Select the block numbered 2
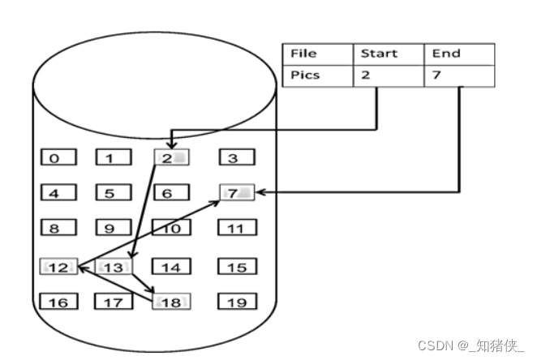170,157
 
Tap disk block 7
237,193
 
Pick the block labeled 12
58,266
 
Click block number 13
114,266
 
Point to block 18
170,302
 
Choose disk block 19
236,302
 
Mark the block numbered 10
170,229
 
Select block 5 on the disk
114,193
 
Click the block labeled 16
58,302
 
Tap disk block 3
235,157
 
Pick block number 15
236,266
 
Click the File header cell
317,54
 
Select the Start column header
388,54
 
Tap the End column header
458,54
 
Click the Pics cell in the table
317,75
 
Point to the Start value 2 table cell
388,75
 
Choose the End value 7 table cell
458,75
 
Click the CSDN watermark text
471,345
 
